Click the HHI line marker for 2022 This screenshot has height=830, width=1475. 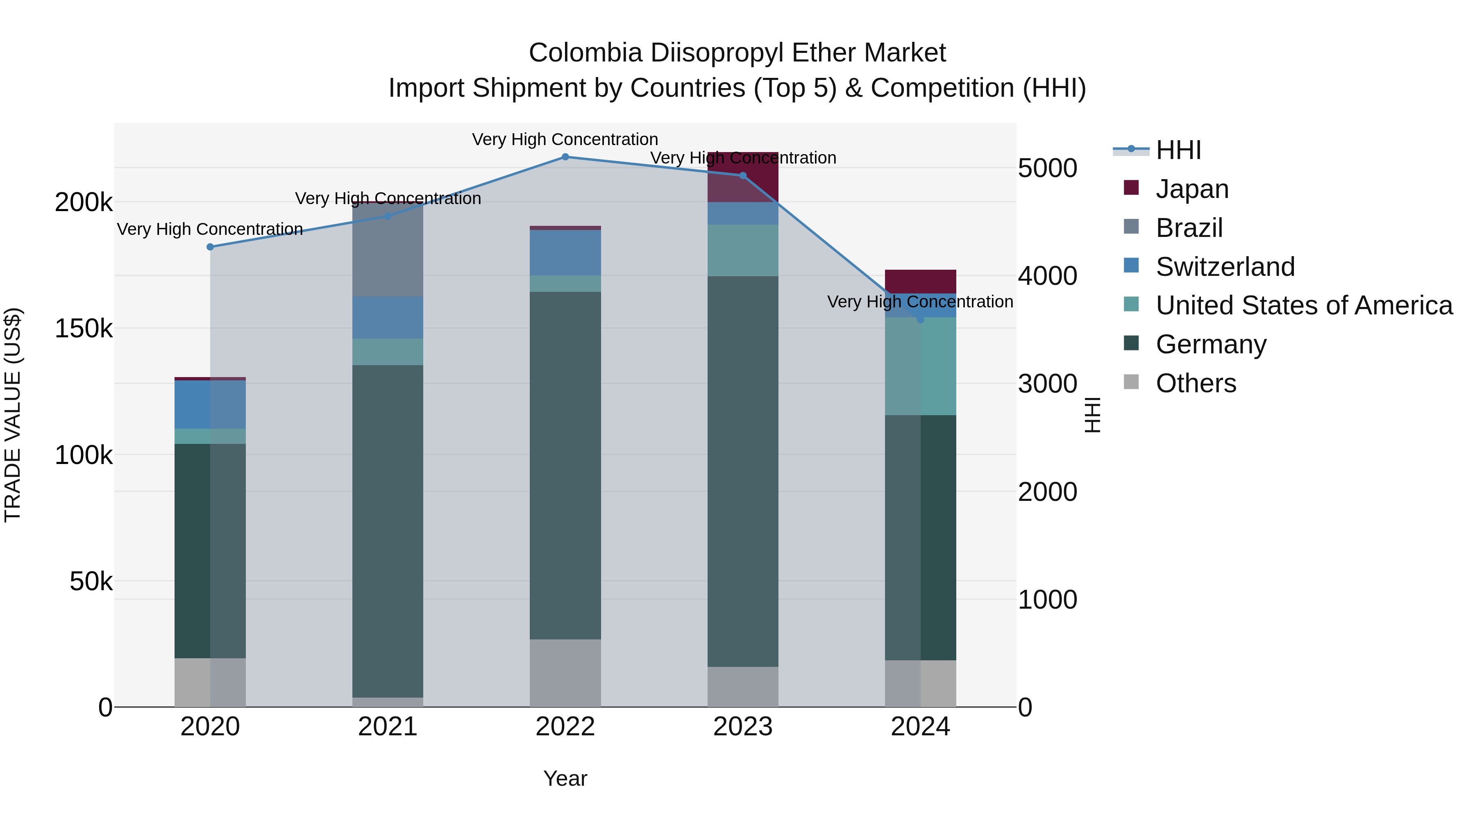(x=565, y=157)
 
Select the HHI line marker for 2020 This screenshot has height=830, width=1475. (x=210, y=247)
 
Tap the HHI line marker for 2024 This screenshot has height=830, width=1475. (x=920, y=320)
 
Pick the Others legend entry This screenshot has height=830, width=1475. (x=1196, y=383)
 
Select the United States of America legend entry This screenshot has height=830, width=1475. (x=1303, y=305)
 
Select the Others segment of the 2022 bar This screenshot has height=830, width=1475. (x=565, y=673)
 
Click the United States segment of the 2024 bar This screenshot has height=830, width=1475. (x=920, y=366)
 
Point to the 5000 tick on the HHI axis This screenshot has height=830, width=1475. (x=1047, y=168)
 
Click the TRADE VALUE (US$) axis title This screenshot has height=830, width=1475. (x=13, y=415)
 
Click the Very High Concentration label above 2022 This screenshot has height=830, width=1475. (x=565, y=139)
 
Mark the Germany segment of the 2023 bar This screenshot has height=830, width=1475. (x=743, y=471)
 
